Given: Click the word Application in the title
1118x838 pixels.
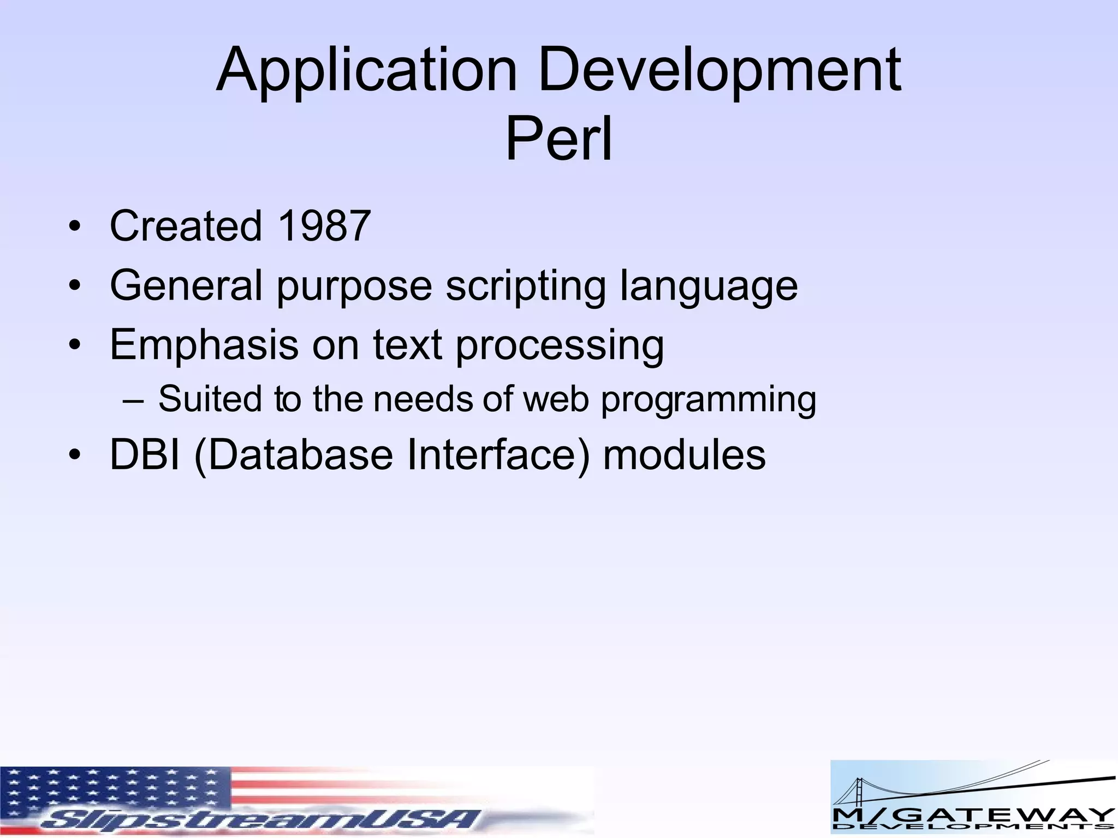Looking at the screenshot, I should [x=366, y=71].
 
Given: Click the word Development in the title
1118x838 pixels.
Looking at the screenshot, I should [x=719, y=71].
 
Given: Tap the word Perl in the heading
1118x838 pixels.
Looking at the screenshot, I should [x=558, y=140].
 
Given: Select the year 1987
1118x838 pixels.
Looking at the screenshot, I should [x=324, y=226].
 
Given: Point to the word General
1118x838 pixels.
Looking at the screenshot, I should [x=186, y=285].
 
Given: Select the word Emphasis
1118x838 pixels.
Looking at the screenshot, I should [x=204, y=345].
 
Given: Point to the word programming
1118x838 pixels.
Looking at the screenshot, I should [x=708, y=400].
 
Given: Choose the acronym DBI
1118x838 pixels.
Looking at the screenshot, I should [x=144, y=455].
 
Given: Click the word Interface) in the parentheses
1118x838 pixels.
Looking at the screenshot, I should [x=498, y=455].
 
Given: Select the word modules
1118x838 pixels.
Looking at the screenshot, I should [x=684, y=455].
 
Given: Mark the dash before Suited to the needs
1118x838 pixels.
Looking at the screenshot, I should [x=133, y=400].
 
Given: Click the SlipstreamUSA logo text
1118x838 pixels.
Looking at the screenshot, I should [x=262, y=818].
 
